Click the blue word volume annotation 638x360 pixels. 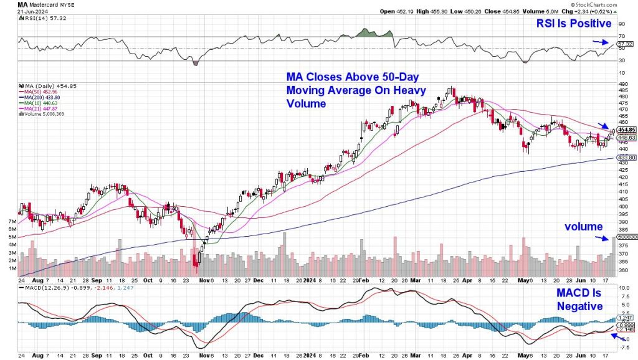coord(584,227)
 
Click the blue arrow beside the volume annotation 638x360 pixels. coord(602,238)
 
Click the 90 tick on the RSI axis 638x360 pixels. coord(621,24)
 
